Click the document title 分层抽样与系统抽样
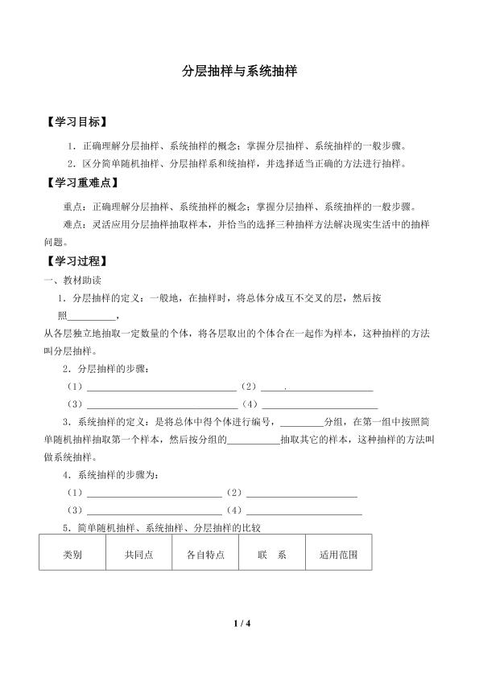pyautogui.click(x=239, y=71)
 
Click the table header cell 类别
pyautogui.click(x=72, y=555)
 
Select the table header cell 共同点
pyautogui.click(x=138, y=555)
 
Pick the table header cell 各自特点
pyautogui.click(x=205, y=555)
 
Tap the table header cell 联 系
pyautogui.click(x=272, y=555)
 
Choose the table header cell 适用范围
pyautogui.click(x=338, y=555)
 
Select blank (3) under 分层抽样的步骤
pyautogui.click(x=161, y=404)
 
